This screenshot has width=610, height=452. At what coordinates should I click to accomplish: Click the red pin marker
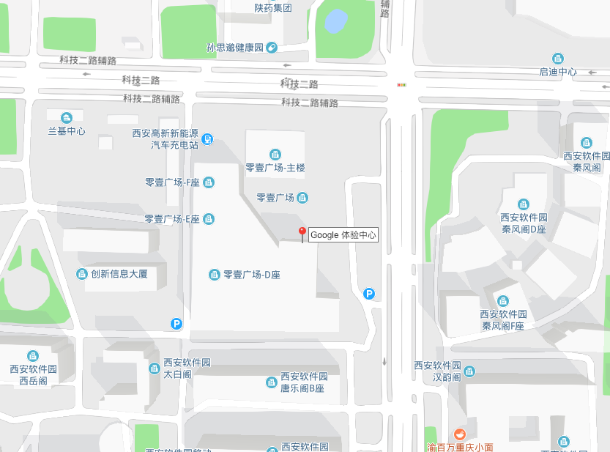(x=302, y=234)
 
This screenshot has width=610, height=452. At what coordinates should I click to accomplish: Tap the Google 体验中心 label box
(x=343, y=235)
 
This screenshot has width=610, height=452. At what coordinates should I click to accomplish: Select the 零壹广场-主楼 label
(x=275, y=168)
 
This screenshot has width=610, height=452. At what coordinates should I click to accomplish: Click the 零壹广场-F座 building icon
(x=209, y=182)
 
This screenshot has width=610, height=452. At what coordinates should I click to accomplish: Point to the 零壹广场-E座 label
(x=172, y=219)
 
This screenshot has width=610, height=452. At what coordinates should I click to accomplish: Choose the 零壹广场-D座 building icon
(x=214, y=275)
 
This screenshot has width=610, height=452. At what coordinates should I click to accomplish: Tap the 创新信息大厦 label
(x=119, y=274)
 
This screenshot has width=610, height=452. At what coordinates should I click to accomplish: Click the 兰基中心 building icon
(x=67, y=118)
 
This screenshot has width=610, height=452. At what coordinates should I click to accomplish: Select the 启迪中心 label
(x=558, y=72)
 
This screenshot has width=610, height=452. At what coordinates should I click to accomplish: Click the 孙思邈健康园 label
(x=235, y=48)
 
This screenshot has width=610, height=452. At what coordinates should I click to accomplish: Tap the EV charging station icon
(x=208, y=138)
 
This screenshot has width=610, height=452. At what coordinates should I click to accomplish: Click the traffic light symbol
(x=401, y=85)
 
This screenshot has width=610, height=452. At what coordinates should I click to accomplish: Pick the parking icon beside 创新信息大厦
(x=176, y=323)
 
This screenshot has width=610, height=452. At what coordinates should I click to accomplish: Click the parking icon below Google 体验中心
(x=369, y=294)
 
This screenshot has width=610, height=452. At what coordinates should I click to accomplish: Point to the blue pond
(x=336, y=21)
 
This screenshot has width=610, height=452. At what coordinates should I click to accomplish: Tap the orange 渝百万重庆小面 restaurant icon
(x=460, y=434)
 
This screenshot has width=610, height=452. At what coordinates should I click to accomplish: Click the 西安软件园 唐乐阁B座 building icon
(x=271, y=382)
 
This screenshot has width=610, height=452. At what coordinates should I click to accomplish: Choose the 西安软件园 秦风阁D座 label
(x=524, y=223)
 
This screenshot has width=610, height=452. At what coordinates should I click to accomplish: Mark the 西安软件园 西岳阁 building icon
(x=33, y=356)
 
